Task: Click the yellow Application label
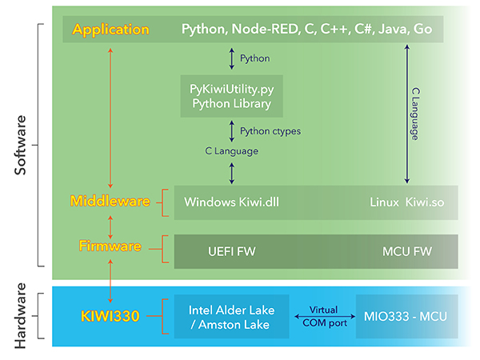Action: pyautogui.click(x=110, y=30)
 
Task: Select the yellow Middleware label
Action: pyautogui.click(x=110, y=201)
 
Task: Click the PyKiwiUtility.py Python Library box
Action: pyautogui.click(x=231, y=94)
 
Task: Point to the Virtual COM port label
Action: pyautogui.click(x=324, y=317)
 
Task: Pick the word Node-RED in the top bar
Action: pyautogui.click(x=263, y=30)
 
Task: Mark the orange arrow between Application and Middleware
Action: pyautogui.click(x=110, y=116)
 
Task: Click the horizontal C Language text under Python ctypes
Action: pyautogui.click(x=232, y=150)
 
